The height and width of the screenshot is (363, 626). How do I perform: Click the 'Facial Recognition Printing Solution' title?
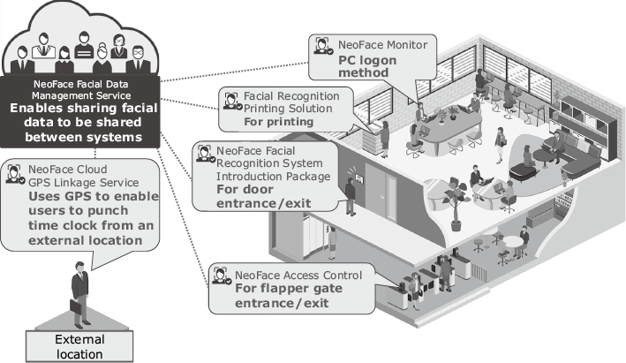pyautogui.click(x=290, y=102)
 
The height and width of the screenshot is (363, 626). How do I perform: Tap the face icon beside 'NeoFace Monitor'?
pyautogui.click(x=323, y=44)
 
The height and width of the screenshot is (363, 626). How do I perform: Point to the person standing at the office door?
pyautogui.click(x=351, y=197)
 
